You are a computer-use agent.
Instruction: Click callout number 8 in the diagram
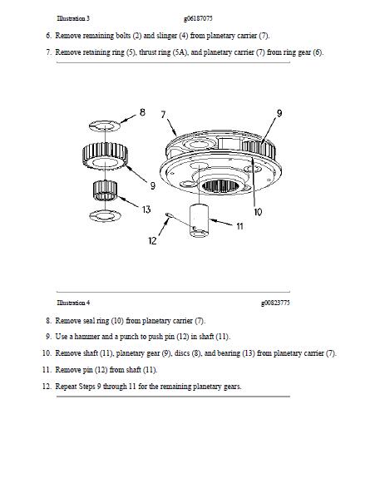pos(142,112)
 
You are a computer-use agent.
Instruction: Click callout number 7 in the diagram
pos(163,115)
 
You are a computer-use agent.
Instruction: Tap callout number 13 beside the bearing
pos(146,210)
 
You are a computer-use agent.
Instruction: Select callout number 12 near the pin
pos(152,241)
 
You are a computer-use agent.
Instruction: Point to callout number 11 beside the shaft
pos(239,226)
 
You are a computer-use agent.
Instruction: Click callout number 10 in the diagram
pos(258,212)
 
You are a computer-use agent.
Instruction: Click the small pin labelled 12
pos(169,214)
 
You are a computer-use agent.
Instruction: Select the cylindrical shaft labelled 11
pos(199,220)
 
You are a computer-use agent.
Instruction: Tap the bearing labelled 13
pos(105,190)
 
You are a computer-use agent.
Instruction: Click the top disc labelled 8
pos(105,126)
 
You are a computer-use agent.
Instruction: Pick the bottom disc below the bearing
pos(105,215)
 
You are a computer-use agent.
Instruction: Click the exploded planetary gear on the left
pos(105,155)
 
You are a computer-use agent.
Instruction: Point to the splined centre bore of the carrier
pos(220,186)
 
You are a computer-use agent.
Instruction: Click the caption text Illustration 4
pos(73,303)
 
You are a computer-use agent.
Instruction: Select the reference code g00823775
pos(275,303)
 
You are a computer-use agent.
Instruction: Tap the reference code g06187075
pos(198,18)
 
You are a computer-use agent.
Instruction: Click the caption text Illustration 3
pos(73,18)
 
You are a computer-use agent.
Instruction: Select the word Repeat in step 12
pos(66,387)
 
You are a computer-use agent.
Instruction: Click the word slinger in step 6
pos(166,36)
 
